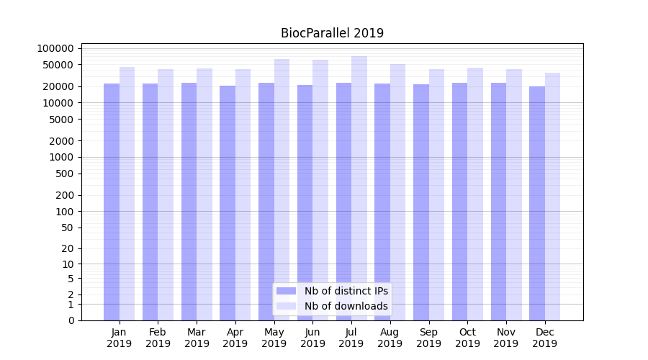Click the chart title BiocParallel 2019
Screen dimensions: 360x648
tap(332, 33)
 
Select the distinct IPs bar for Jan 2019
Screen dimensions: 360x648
tap(112, 202)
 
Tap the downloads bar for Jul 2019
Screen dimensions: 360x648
tap(359, 188)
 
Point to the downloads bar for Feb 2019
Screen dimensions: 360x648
tap(166, 194)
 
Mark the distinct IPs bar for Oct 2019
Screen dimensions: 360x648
tap(459, 202)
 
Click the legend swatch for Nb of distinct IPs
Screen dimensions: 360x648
tap(287, 291)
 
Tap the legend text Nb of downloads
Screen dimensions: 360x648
tap(346, 306)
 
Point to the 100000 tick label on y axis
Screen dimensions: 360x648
tap(55, 48)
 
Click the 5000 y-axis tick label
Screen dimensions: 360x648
tap(61, 119)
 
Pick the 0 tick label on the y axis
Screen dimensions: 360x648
tap(71, 320)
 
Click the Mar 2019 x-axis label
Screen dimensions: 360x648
tap(197, 338)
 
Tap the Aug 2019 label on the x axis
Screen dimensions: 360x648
tap(390, 338)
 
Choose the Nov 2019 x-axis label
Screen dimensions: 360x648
tap(506, 338)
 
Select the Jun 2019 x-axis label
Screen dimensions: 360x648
tap(312, 338)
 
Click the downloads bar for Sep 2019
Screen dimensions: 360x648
tap(436, 194)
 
